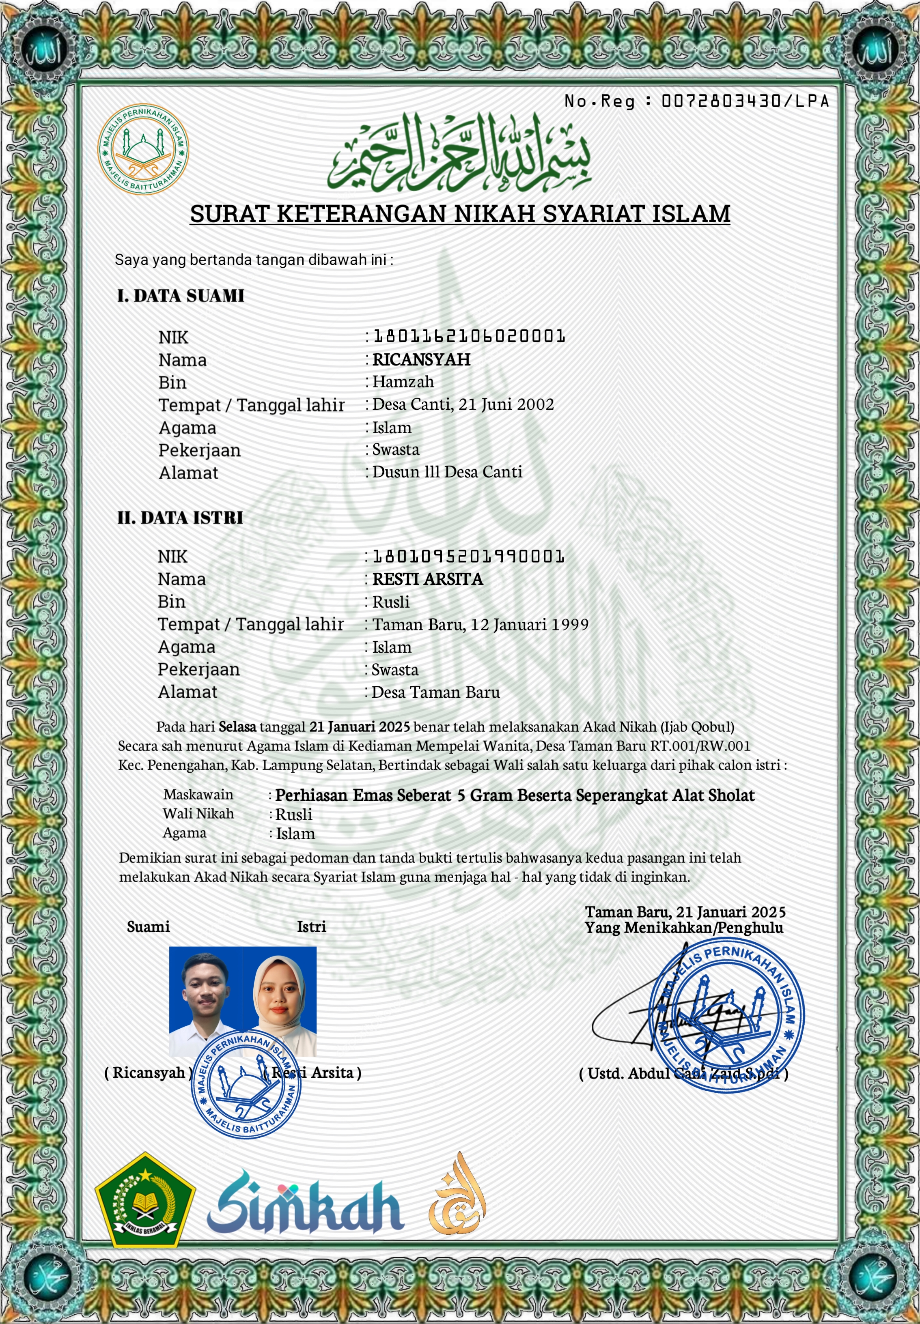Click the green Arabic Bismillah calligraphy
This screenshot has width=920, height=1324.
tap(459, 154)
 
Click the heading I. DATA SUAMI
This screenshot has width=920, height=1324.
tap(181, 296)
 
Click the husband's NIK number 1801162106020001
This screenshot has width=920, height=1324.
tap(469, 336)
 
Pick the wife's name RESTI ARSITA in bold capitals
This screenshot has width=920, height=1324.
tap(427, 579)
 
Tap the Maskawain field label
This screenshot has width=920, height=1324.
tap(198, 795)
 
